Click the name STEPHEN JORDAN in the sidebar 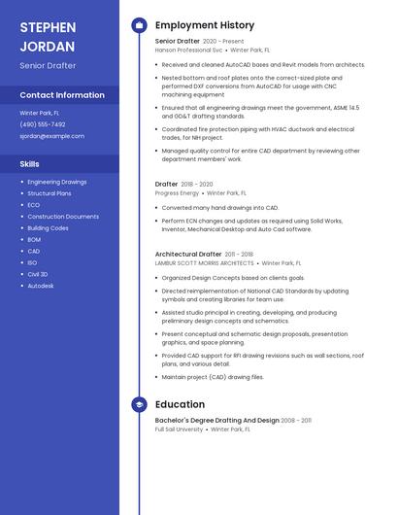pyautogui.click(x=49, y=35)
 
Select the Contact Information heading pyautogui.click(x=62, y=95)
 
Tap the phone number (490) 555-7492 pyautogui.click(x=43, y=124)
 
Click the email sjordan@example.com pyautogui.click(x=52, y=136)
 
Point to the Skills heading pyautogui.click(x=30, y=164)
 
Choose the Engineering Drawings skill pyautogui.click(x=57, y=182)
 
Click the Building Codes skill pyautogui.click(x=49, y=228)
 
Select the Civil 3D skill pyautogui.click(x=38, y=274)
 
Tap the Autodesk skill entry pyautogui.click(x=41, y=286)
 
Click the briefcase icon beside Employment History pyautogui.click(x=139, y=25)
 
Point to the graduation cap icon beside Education pyautogui.click(x=139, y=404)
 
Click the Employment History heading pyautogui.click(x=205, y=25)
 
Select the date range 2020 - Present pyautogui.click(x=223, y=42)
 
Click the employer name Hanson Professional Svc pyautogui.click(x=188, y=50)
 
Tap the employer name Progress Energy pyautogui.click(x=177, y=193)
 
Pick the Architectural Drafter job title pyautogui.click(x=188, y=255)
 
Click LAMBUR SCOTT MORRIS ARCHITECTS pyautogui.click(x=204, y=262)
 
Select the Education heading pyautogui.click(x=180, y=404)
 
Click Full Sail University pyautogui.click(x=179, y=429)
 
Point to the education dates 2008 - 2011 pyautogui.click(x=297, y=421)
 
